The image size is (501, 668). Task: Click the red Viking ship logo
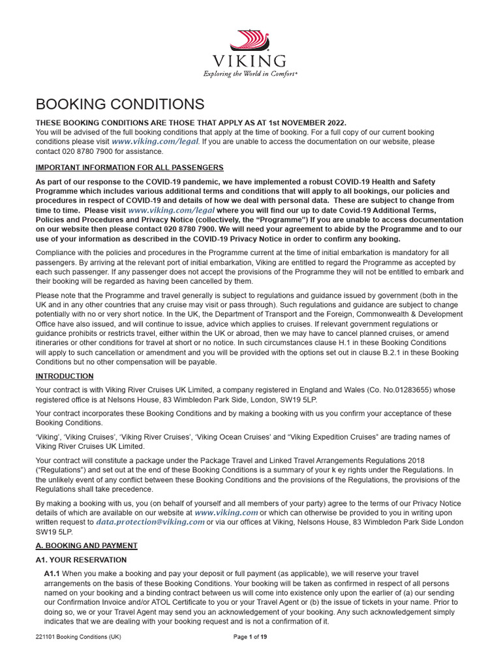[x=250, y=40]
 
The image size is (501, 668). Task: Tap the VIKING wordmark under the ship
[x=250, y=61]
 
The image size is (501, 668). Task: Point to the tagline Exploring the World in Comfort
[x=250, y=74]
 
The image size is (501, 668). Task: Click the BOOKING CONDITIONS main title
[x=119, y=104]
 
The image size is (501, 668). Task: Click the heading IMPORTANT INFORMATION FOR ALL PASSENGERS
[x=129, y=168]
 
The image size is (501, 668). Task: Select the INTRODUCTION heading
[x=64, y=376]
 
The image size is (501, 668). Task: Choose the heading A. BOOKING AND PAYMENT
[x=86, y=545]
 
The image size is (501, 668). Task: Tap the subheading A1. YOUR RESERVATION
[x=81, y=560]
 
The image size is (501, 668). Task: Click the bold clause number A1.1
[x=52, y=573]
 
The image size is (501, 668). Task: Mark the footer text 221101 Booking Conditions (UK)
[x=78, y=637]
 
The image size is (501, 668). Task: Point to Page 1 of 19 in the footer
[x=250, y=637]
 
